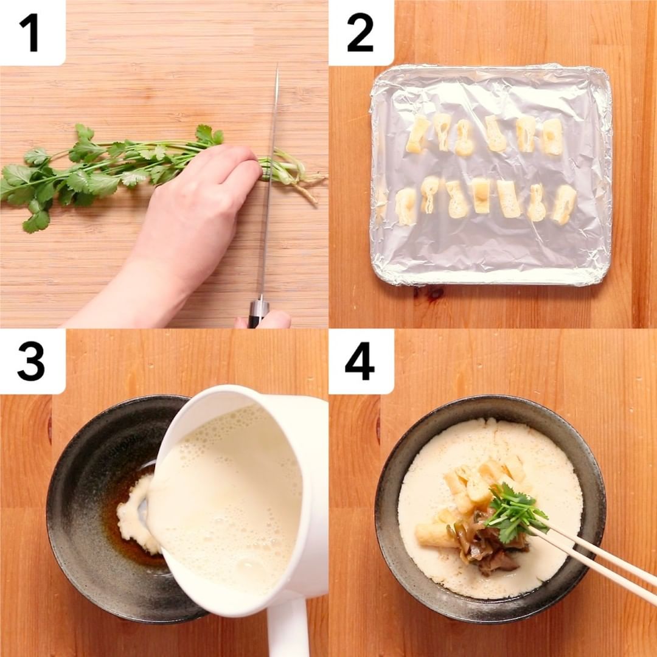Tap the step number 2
(360, 33)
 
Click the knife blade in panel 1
(270, 180)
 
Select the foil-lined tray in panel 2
(491, 175)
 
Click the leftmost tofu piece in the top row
(417, 134)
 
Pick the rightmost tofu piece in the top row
(552, 137)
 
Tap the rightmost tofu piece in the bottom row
(563, 204)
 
